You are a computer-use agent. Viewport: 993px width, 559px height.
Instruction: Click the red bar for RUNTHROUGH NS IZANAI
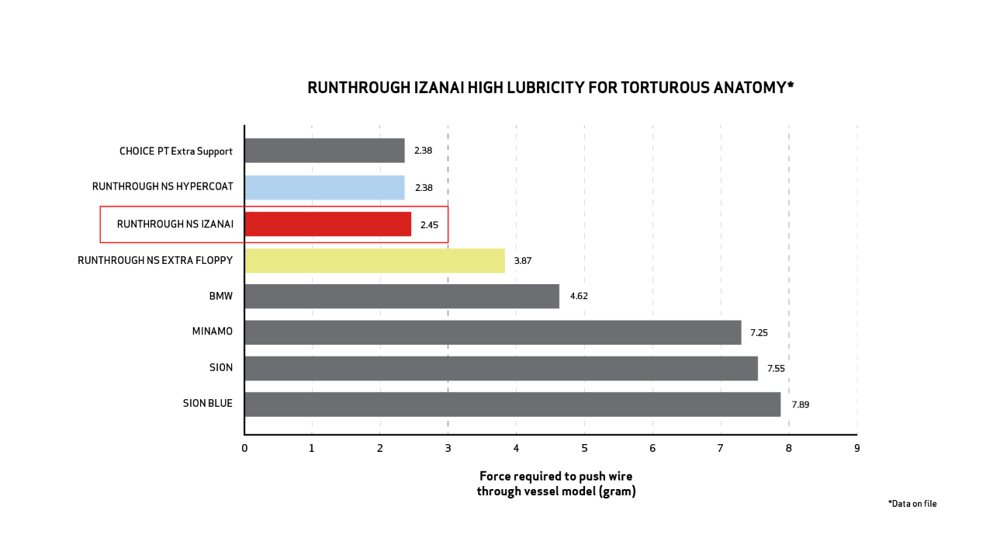point(327,224)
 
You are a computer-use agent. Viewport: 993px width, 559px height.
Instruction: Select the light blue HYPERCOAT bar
point(324,187)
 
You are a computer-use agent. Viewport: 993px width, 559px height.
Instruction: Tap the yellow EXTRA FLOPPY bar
point(374,261)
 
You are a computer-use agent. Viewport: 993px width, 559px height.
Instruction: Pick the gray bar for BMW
point(401,296)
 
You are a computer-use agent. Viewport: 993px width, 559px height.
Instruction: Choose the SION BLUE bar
point(512,404)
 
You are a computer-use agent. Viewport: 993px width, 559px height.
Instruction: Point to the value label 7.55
point(776,368)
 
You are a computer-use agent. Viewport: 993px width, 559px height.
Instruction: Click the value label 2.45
point(430,224)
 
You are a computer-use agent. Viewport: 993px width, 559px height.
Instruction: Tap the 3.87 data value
point(522,261)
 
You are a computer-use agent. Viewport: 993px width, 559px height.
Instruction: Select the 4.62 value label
point(579,296)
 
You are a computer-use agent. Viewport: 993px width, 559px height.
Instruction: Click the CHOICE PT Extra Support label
point(175,151)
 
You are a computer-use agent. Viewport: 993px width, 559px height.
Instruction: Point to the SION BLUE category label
point(207,404)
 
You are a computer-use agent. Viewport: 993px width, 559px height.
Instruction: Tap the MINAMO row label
point(212,332)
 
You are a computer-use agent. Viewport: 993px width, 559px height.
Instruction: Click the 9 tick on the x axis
point(856,448)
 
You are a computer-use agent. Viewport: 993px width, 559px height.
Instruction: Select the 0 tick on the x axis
point(244,448)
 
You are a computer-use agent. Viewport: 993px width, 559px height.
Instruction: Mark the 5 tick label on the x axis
point(584,448)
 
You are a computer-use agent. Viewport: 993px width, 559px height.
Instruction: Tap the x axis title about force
point(556,484)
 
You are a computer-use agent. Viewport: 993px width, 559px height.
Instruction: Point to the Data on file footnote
point(912,504)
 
